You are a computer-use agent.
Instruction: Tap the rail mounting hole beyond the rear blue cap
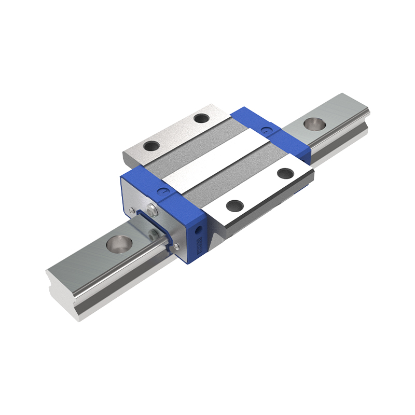click(x=313, y=124)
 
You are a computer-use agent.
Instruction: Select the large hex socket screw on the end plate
click(x=151, y=210)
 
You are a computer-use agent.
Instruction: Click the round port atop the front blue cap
click(x=165, y=190)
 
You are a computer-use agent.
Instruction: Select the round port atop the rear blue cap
click(x=267, y=128)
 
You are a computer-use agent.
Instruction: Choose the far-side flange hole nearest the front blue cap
click(x=152, y=147)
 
